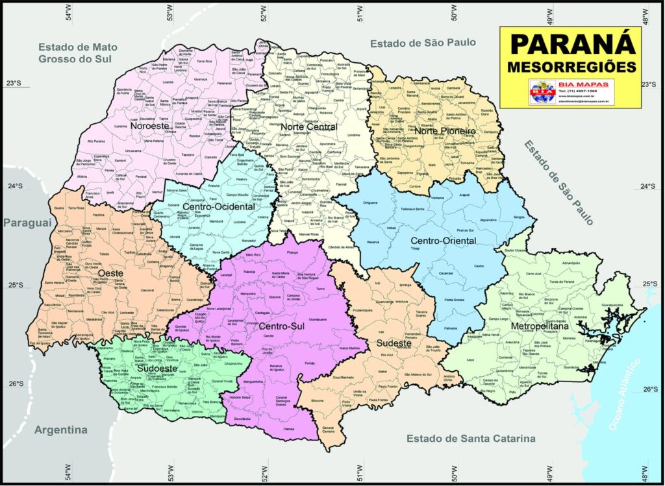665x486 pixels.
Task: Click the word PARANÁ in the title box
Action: click(x=571, y=44)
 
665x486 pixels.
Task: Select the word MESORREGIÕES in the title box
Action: click(x=571, y=66)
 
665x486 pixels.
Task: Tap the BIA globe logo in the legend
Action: click(x=540, y=91)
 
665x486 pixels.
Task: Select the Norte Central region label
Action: click(x=308, y=127)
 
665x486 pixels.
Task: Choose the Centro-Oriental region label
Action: click(x=444, y=241)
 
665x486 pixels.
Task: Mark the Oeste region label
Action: click(x=112, y=273)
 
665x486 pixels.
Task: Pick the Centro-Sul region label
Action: click(x=282, y=326)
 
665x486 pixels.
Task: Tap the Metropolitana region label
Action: click(x=540, y=326)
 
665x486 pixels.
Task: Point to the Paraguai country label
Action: click(x=27, y=223)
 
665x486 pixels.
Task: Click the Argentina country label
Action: click(x=60, y=430)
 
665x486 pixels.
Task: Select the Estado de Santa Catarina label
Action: click(x=471, y=439)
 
